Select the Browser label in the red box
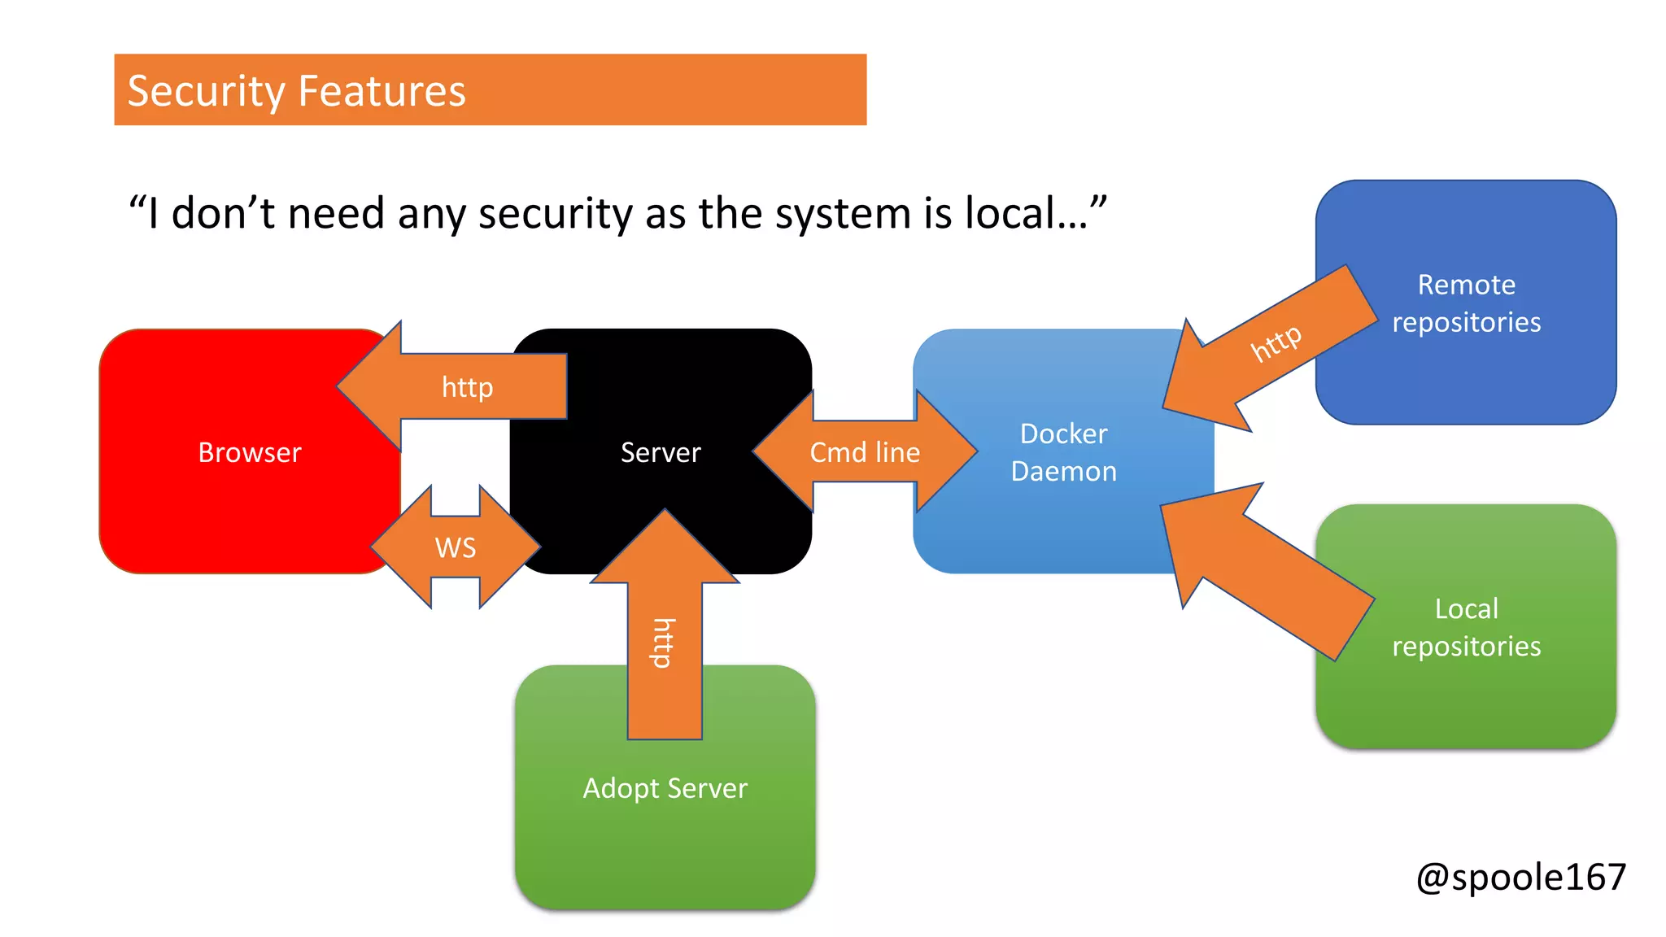(x=249, y=452)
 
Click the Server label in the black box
(x=660, y=452)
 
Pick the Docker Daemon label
(x=1063, y=452)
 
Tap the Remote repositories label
(x=1466, y=303)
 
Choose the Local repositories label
(x=1466, y=627)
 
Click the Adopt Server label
(x=665, y=788)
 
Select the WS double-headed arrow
(x=455, y=547)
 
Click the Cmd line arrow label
(x=864, y=452)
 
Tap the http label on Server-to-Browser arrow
(x=467, y=387)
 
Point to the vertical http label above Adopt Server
(x=664, y=643)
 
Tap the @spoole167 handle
(x=1520, y=878)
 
